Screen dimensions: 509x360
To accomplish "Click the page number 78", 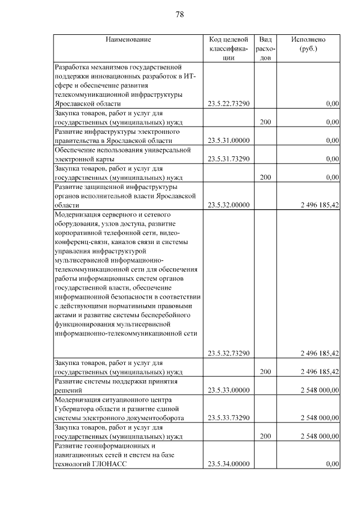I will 180,15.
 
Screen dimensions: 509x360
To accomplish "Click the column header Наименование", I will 128,39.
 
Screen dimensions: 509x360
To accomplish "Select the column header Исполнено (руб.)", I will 308,44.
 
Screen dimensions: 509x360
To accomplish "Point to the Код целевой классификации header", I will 228,48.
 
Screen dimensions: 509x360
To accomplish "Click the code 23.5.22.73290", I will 228,103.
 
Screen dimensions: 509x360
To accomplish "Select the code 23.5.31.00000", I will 228,141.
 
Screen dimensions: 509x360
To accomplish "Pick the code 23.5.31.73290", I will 228,159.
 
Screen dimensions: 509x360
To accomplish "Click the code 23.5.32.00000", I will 228,205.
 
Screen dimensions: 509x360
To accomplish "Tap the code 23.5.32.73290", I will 228,353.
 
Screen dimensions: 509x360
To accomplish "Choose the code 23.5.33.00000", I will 228,390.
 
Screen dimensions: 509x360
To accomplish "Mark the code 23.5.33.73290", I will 228,418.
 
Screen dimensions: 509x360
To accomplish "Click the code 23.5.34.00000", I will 228,464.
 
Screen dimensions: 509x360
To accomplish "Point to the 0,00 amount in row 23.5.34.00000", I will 332,464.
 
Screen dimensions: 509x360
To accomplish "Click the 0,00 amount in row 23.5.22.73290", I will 332,103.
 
